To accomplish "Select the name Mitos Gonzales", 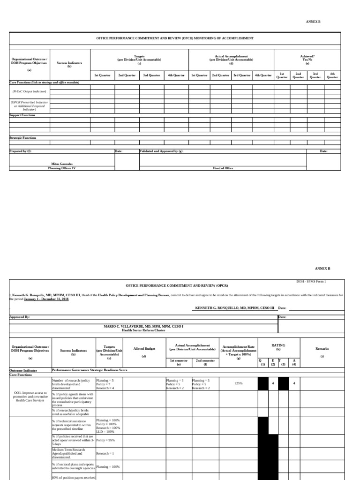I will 62,164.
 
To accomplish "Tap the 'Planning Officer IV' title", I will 62,168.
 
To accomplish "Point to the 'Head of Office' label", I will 223,168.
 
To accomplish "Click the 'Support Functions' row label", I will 22,115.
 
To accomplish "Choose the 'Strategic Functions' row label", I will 23,138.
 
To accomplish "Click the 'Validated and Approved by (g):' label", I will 162,151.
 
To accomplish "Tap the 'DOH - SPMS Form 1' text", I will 312,281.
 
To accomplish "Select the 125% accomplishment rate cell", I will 238,383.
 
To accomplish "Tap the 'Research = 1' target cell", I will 105,454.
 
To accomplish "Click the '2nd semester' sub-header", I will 205,361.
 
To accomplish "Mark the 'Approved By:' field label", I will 20,317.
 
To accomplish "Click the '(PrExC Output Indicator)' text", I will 29,92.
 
